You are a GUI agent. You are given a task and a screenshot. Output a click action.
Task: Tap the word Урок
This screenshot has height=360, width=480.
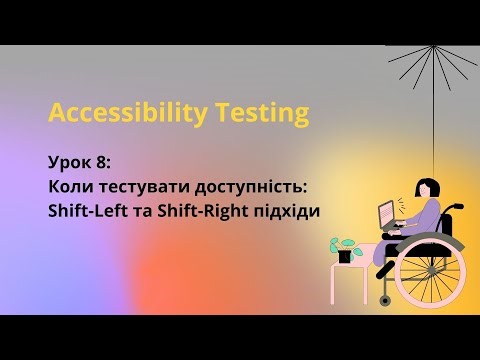coord(67,162)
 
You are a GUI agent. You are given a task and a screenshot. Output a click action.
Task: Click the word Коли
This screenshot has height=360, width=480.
coord(70,186)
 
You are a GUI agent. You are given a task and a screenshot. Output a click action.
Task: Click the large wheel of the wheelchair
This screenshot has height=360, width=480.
coord(431,270)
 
